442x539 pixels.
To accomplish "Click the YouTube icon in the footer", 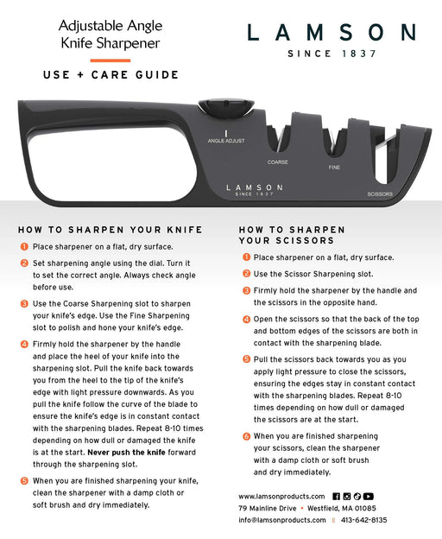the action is pos(368,497).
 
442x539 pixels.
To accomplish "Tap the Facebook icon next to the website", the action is pos(336,497).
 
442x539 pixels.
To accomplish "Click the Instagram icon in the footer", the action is pos(347,497).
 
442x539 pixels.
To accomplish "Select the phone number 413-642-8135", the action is pos(363,520).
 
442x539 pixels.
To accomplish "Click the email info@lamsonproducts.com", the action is pos(282,520).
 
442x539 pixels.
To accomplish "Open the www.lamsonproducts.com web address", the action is pos(281,497).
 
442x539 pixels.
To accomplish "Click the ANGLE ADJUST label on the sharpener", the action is pos(226,141).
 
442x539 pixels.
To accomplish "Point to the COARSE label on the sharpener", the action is pos(278,162).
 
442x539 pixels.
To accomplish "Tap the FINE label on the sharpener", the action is pos(334,168).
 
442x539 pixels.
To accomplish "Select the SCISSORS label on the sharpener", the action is pos(380,194).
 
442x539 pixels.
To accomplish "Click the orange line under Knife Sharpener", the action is pos(110,60).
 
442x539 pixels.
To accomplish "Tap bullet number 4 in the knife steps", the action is pos(24,344).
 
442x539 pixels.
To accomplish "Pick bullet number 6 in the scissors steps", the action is pos(246,436).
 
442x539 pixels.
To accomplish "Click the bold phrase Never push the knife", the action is pos(126,453).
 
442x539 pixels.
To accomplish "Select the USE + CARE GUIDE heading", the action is pos(110,75).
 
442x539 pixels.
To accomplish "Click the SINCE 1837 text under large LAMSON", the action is pos(332,54).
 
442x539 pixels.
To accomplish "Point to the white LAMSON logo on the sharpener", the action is pos(255,187).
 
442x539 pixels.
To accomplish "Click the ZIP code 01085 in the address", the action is pos(365,508).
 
